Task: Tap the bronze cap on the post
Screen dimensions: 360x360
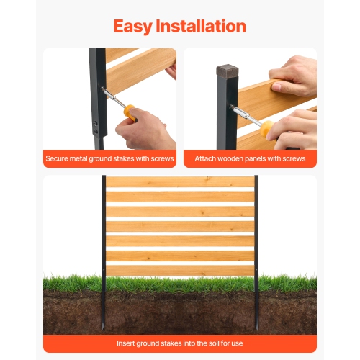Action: point(228,71)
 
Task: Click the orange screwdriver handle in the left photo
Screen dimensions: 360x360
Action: point(129,111)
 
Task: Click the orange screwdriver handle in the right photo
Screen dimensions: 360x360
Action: point(266,128)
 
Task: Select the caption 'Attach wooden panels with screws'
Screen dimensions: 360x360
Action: point(250,158)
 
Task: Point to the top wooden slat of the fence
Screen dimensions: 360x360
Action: point(180,182)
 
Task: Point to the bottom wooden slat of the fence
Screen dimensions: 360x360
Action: point(180,270)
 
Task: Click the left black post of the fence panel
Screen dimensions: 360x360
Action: point(104,230)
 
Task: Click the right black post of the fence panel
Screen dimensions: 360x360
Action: point(256,230)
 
